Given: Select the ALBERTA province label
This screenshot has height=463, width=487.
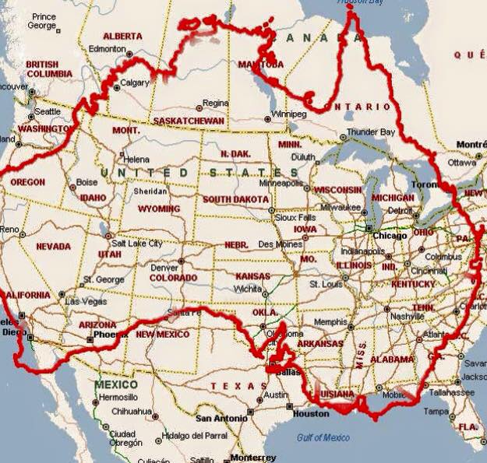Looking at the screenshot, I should click(x=122, y=36).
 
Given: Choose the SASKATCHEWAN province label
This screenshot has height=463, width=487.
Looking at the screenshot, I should click(x=189, y=121).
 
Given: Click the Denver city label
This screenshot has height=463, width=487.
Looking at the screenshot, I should click(x=164, y=268).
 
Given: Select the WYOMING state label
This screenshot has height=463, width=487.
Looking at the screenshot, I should click(x=158, y=209).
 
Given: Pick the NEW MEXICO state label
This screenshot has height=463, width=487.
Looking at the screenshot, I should click(x=162, y=334).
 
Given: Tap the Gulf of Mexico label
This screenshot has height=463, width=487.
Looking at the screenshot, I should click(x=323, y=438).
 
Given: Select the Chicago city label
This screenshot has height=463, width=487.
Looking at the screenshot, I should click(x=389, y=236).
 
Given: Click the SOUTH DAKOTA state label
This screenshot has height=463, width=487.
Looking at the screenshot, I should click(x=235, y=199).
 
